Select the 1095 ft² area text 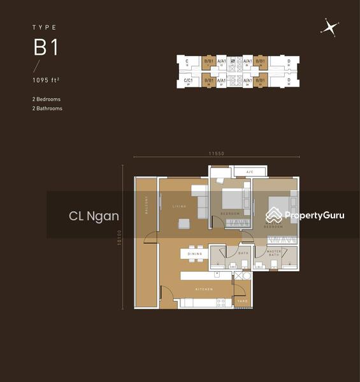[x=48, y=80]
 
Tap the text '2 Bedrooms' [x=47, y=99]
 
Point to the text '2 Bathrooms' [x=47, y=108]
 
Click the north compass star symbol [x=329, y=27]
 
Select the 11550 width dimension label [x=217, y=153]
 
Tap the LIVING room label [x=178, y=206]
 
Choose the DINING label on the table [x=195, y=254]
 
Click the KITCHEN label [x=204, y=289]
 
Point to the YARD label [x=242, y=300]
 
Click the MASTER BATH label [x=273, y=253]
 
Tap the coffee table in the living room [x=184, y=223]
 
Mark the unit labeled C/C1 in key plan [x=189, y=80]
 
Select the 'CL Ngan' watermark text [x=94, y=216]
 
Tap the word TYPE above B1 [x=44, y=28]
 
